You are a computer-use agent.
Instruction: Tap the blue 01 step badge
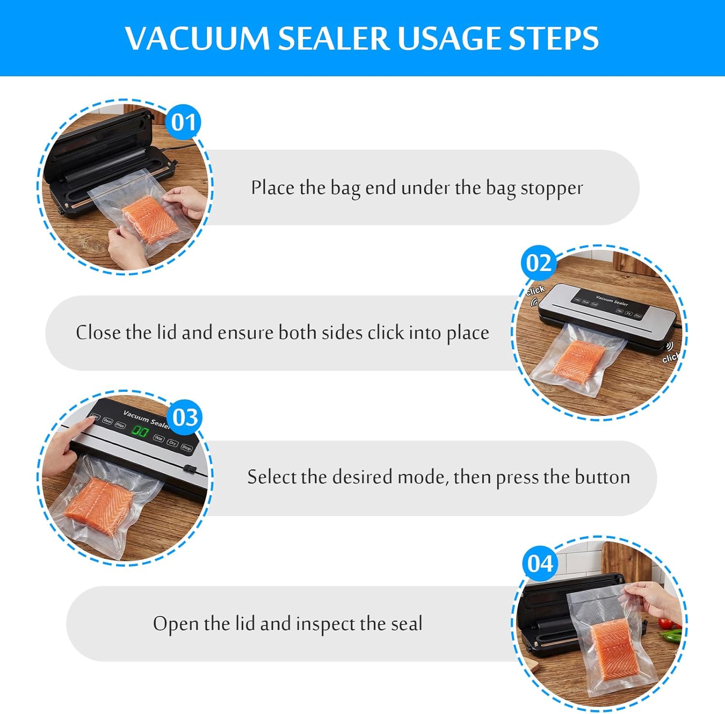[x=183, y=122]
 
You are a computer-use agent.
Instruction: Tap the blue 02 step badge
[x=538, y=263]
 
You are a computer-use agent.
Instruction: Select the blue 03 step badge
[x=185, y=417]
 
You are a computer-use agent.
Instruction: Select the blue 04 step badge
[x=540, y=563]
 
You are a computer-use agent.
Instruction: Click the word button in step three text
[x=603, y=477]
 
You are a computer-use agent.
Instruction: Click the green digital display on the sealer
[x=140, y=431]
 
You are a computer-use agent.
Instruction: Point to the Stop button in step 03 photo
[x=187, y=448]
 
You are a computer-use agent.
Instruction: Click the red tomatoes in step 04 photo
[x=667, y=623]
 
